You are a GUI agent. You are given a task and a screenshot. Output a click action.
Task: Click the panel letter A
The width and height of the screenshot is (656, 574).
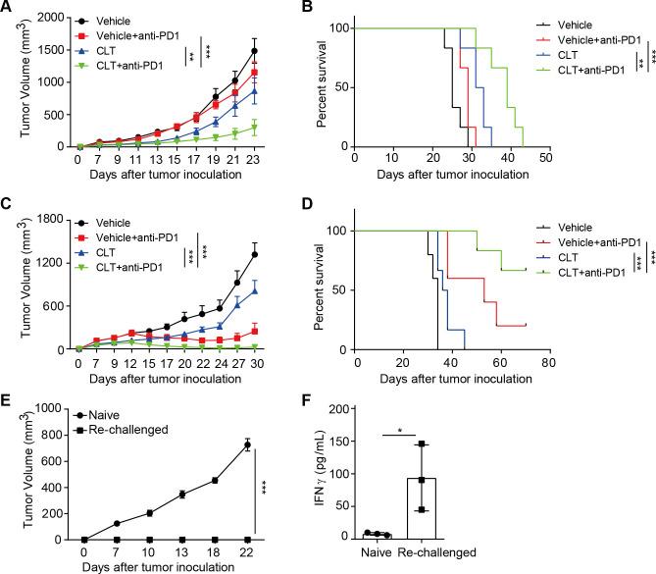[x=7, y=9]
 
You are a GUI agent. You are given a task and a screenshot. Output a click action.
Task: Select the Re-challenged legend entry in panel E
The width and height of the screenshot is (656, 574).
[x=101, y=418]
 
